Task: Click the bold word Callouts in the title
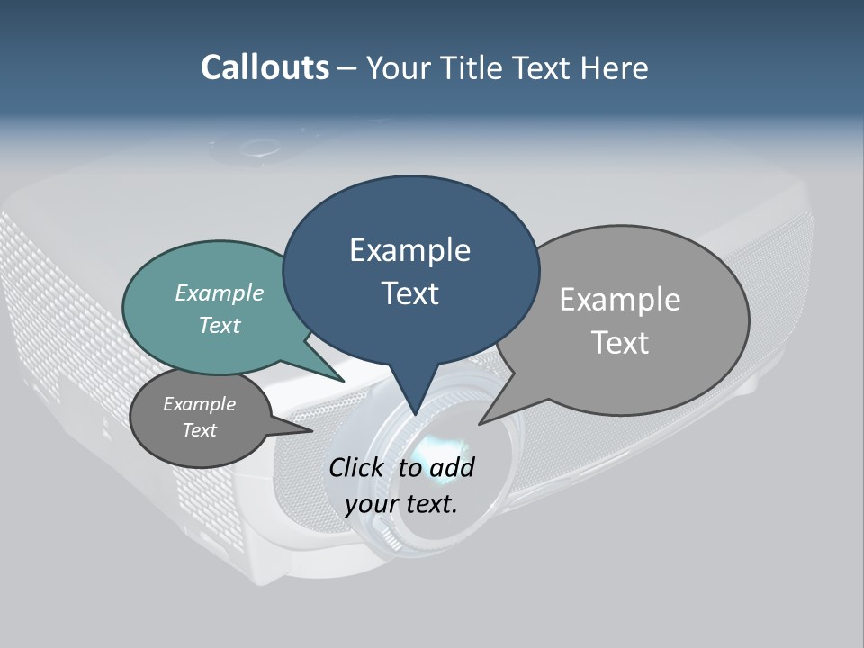[265, 67]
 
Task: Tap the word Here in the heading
[612, 67]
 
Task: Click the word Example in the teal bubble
[220, 292]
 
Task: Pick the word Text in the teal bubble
[220, 325]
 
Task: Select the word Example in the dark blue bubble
[409, 250]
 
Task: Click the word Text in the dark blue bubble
[409, 293]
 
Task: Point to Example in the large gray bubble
[619, 300]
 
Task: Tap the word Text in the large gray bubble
[621, 343]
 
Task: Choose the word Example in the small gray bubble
[200, 404]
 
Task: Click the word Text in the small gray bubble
[200, 430]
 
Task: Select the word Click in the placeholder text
[357, 467]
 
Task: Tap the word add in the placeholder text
[452, 467]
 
